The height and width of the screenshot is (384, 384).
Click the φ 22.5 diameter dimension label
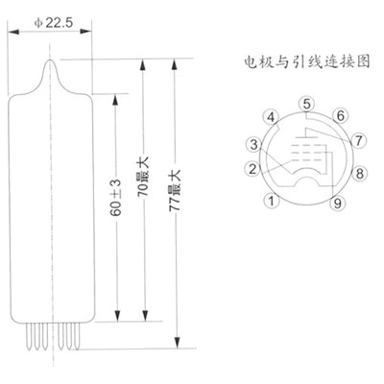click(x=54, y=23)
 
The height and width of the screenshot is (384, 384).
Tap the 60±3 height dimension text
click(x=116, y=197)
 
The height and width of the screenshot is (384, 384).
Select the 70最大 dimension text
click(x=144, y=178)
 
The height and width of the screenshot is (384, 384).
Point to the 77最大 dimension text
click(x=175, y=190)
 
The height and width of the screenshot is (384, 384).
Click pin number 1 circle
click(x=272, y=201)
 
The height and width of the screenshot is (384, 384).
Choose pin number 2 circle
click(x=252, y=169)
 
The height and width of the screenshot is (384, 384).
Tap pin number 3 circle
click(x=253, y=144)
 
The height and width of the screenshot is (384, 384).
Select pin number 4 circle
click(x=271, y=117)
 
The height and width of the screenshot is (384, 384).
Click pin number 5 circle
click(x=306, y=105)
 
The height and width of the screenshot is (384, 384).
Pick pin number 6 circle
click(x=341, y=115)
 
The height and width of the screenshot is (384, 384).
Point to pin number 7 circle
click(x=358, y=140)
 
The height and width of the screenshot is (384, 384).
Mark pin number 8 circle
click(x=360, y=174)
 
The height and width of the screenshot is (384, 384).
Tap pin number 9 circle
click(x=337, y=203)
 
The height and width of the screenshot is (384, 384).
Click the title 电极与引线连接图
click(x=307, y=61)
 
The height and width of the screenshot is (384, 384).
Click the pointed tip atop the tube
click(x=50, y=60)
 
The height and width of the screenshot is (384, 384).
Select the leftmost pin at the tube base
click(x=29, y=336)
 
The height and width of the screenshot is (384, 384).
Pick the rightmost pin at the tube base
click(x=76, y=336)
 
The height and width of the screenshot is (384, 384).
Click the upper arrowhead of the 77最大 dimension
click(x=174, y=64)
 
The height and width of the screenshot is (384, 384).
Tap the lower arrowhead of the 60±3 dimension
click(x=117, y=316)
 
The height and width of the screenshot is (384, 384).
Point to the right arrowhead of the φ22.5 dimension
click(x=85, y=32)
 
